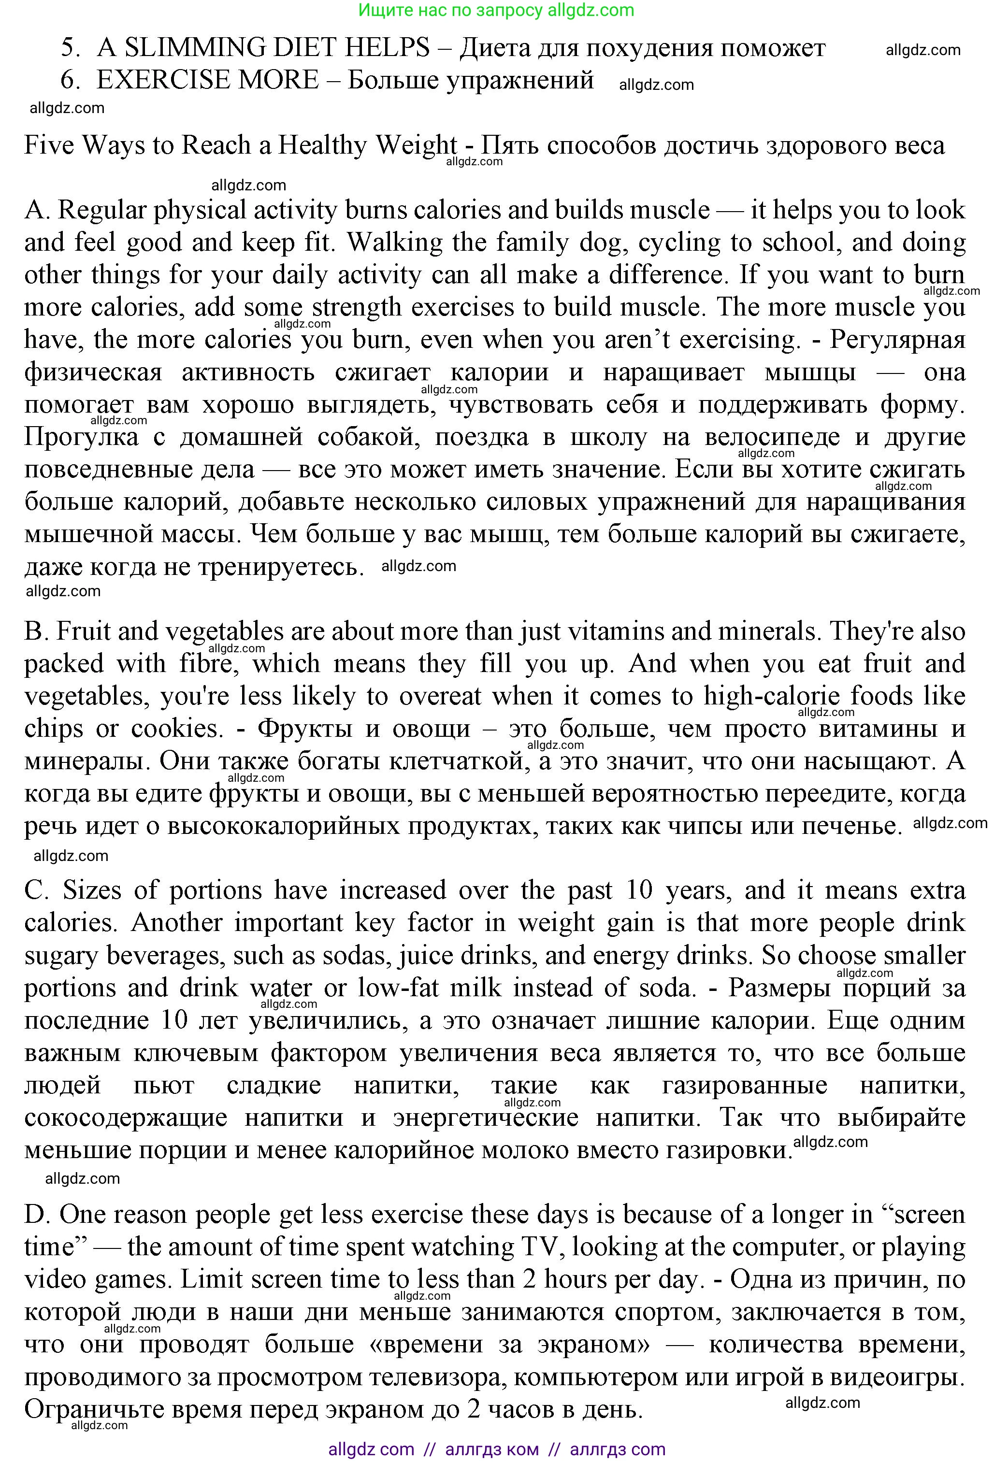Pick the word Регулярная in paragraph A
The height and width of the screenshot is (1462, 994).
click(898, 340)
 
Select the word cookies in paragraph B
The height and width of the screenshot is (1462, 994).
click(177, 729)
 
